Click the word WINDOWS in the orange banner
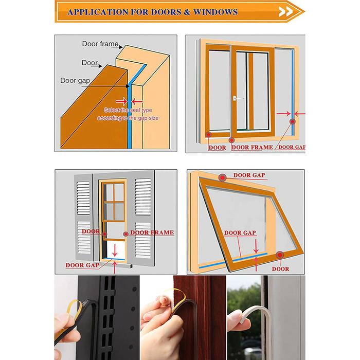point(215,12)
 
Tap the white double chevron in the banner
point(286,12)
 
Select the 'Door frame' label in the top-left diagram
point(100,44)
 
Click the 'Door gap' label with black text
point(75,81)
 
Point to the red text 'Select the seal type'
point(128,110)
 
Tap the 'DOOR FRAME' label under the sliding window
point(252,147)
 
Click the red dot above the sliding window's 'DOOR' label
point(208,135)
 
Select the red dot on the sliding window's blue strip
point(292,121)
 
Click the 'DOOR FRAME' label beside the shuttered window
point(152,232)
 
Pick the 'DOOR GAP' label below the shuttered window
point(82,265)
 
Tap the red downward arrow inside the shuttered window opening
point(115,250)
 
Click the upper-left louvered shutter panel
point(83,198)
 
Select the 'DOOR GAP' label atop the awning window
point(249,175)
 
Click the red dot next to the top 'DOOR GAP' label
point(222,177)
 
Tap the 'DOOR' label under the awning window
point(280,269)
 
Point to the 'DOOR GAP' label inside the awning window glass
point(240,233)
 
